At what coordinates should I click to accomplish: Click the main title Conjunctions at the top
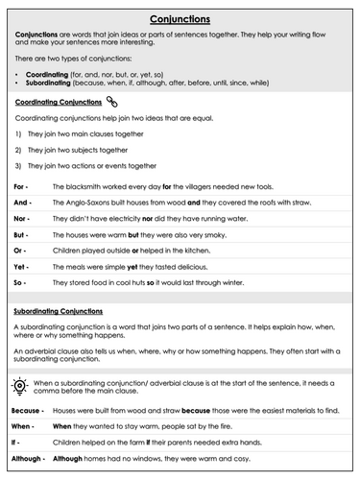click(180, 17)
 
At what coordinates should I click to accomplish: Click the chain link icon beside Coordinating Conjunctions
click(112, 101)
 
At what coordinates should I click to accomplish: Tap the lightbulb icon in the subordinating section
click(21, 385)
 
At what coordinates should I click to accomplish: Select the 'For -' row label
click(22, 185)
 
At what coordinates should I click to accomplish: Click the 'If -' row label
click(18, 443)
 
